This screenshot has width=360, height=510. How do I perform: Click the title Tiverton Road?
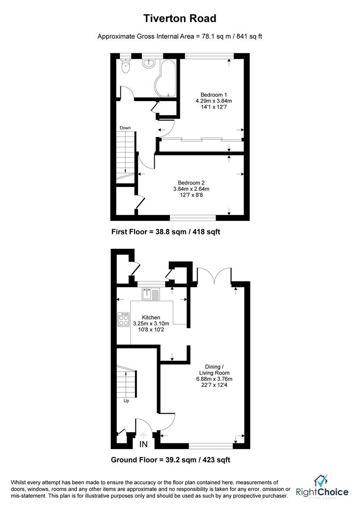point(180,18)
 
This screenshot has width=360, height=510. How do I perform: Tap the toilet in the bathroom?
point(125,66)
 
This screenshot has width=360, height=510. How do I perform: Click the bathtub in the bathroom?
point(165,78)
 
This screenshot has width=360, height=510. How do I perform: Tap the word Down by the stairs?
point(125,128)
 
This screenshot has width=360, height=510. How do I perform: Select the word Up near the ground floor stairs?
point(126,401)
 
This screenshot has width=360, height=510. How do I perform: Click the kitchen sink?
point(151,294)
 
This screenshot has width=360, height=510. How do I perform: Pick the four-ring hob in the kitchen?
point(124,319)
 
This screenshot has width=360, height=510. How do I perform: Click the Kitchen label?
point(151,317)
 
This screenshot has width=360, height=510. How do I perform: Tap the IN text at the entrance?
point(143,444)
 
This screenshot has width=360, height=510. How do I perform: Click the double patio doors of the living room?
point(214,275)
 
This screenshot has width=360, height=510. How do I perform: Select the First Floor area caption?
point(166,232)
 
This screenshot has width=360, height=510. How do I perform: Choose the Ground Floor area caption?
point(171,460)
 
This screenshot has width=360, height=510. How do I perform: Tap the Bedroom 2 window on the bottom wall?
point(193,218)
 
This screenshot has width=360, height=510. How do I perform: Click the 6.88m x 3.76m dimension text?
point(214,379)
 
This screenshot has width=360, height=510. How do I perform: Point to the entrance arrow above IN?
point(143,435)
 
